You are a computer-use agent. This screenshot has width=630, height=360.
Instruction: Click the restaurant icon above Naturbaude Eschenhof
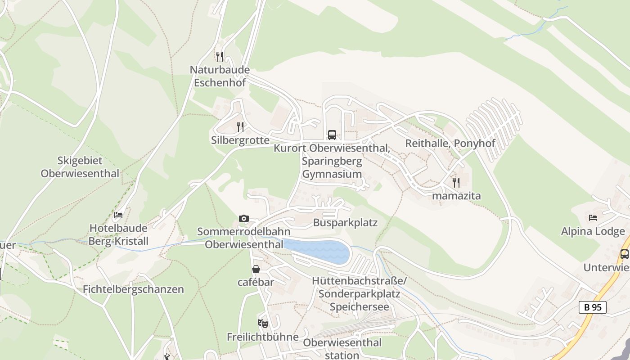pyautogui.click(x=220, y=56)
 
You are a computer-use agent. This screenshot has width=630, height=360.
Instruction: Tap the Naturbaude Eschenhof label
pyautogui.click(x=220, y=76)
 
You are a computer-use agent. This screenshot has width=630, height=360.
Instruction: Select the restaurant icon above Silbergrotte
pyautogui.click(x=240, y=127)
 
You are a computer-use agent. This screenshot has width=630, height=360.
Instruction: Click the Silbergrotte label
pyautogui.click(x=240, y=140)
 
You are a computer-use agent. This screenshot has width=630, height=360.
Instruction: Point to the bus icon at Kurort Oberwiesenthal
pyautogui.click(x=332, y=135)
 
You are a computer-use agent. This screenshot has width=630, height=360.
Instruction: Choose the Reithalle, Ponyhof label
pyautogui.click(x=450, y=144)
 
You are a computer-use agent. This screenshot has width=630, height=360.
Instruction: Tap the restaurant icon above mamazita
pyautogui.click(x=456, y=182)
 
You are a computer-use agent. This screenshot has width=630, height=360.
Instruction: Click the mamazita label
pyautogui.click(x=456, y=196)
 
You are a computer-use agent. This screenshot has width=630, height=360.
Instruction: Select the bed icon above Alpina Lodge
pyautogui.click(x=593, y=218)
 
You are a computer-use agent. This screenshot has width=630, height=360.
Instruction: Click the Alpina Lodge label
pyautogui.click(x=593, y=231)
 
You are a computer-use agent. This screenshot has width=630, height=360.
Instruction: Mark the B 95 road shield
pyautogui.click(x=593, y=307)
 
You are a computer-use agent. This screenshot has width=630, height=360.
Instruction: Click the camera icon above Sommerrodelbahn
pyautogui.click(x=244, y=219)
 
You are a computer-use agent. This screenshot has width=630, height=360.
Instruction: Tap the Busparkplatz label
pyautogui.click(x=345, y=223)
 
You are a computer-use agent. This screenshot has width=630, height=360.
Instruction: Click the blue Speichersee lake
pyautogui.click(x=319, y=251)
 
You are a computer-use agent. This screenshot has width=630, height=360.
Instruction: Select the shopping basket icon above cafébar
pyautogui.click(x=256, y=269)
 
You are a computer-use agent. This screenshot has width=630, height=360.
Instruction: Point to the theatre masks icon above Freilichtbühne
pyautogui.click(x=263, y=323)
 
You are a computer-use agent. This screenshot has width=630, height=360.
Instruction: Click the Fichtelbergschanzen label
pyautogui.click(x=133, y=289)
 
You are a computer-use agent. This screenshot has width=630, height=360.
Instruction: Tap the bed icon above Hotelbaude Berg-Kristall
pyautogui.click(x=118, y=215)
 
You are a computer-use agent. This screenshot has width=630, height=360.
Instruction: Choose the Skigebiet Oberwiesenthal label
pyautogui.click(x=80, y=167)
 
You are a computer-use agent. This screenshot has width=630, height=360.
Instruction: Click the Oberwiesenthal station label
pyautogui.click(x=342, y=349)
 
